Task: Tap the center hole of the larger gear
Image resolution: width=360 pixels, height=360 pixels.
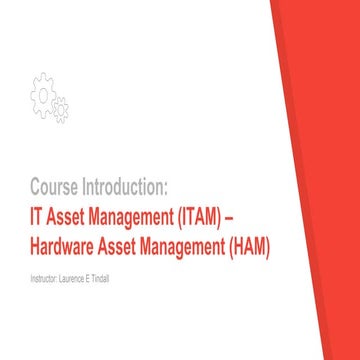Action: (44, 92)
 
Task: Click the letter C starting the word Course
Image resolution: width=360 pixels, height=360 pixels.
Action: (35, 187)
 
